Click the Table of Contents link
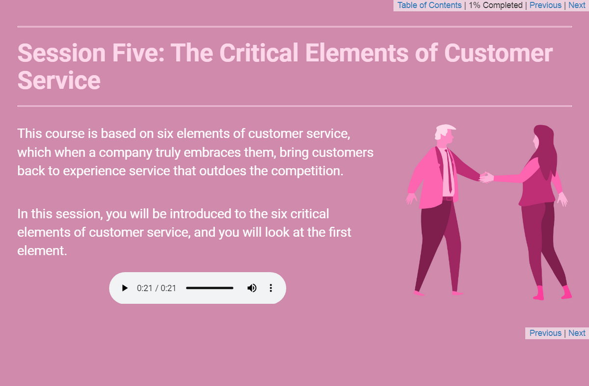(429, 5)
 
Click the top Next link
(577, 5)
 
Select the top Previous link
(545, 5)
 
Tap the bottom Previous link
(545, 333)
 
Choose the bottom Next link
(577, 333)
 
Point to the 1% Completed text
(495, 5)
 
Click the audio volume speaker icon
(252, 288)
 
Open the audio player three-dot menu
(271, 288)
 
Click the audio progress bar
(210, 288)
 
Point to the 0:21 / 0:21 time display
(157, 288)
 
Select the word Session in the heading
(61, 53)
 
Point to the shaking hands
(485, 177)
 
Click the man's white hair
(445, 129)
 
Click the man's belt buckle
(448, 198)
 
